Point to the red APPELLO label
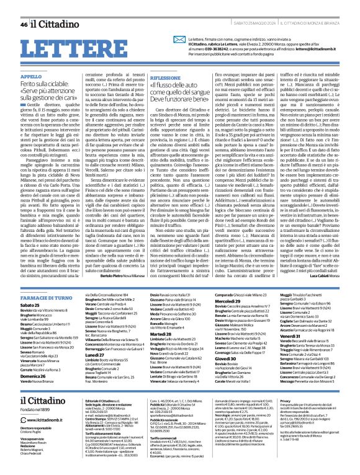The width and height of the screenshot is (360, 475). [x=32, y=76]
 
